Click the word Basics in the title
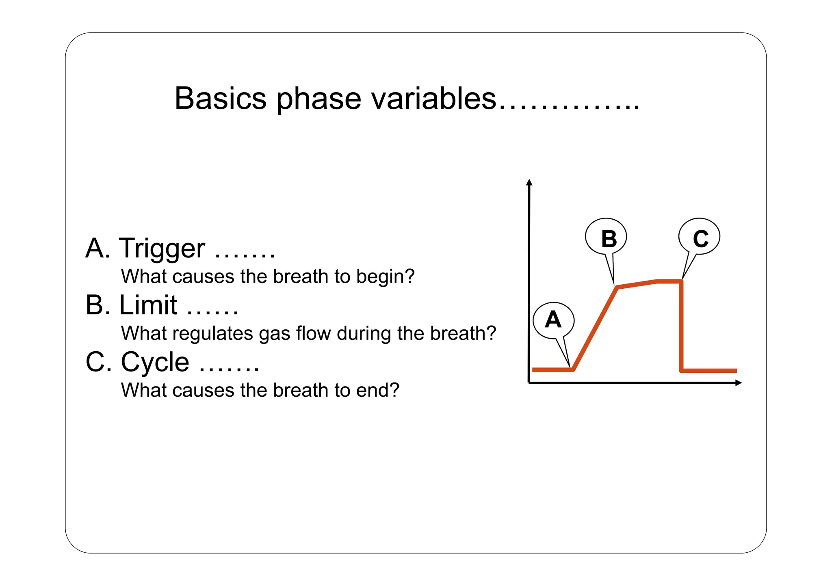tap(220, 99)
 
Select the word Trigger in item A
tap(162, 249)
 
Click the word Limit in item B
tap(148, 305)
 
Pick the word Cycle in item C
tap(155, 362)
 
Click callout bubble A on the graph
tap(553, 320)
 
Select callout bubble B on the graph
tap(606, 237)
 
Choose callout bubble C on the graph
tap(699, 237)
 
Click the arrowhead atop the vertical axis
tap(529, 182)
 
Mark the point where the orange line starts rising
tap(573, 370)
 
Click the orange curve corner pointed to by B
tap(617, 287)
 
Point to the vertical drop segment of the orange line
tap(681, 325)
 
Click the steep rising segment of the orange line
tap(595, 329)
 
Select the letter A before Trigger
tap(96, 249)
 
